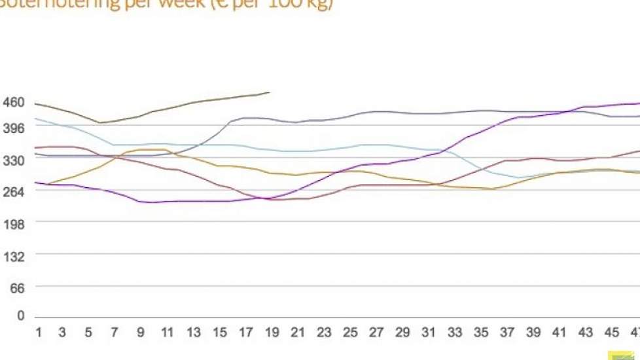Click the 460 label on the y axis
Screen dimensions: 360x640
(13, 103)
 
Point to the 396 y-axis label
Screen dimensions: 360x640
(13, 128)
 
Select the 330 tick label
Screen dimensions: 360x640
(13, 160)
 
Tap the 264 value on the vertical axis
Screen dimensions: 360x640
(13, 192)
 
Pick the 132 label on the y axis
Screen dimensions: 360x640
(13, 256)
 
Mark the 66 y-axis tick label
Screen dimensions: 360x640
(16, 287)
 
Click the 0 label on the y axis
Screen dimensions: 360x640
(20, 316)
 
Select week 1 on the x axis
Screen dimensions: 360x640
(38, 333)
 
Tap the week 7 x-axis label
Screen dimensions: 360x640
(114, 333)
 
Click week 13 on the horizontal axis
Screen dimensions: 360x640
(194, 333)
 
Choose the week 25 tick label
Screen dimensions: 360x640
(351, 333)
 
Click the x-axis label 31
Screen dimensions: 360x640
(429, 333)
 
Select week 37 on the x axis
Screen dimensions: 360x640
(508, 333)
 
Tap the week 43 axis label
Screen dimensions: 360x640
(586, 333)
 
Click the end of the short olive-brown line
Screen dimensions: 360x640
(270, 92)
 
